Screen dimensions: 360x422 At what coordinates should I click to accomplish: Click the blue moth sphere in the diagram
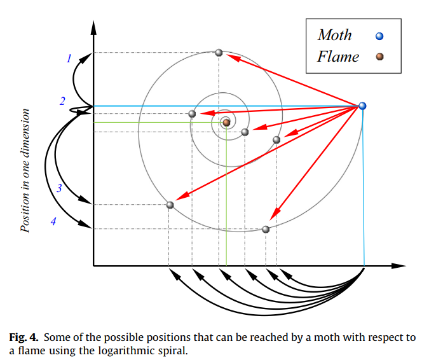pyautogui.click(x=362, y=106)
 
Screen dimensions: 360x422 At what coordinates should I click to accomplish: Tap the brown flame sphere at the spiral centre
pyautogui.click(x=226, y=121)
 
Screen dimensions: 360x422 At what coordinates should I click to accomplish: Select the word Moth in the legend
pyautogui.click(x=334, y=35)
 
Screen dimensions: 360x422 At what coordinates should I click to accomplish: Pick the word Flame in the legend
pyautogui.click(x=338, y=57)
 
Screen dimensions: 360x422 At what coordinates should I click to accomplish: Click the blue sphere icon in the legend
pyautogui.click(x=379, y=36)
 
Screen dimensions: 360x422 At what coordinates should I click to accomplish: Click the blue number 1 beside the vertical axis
pyautogui.click(x=69, y=59)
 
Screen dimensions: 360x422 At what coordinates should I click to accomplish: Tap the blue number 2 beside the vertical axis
pyautogui.click(x=62, y=101)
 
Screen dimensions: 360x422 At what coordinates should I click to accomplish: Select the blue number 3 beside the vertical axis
pyautogui.click(x=59, y=188)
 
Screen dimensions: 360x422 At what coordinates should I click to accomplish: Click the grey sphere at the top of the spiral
pyautogui.click(x=219, y=52)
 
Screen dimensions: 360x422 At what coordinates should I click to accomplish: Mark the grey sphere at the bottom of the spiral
pyautogui.click(x=266, y=229)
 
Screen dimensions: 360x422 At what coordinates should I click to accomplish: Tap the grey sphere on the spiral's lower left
pyautogui.click(x=170, y=205)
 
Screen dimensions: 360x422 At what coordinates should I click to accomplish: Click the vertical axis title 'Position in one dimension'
pyautogui.click(x=26, y=170)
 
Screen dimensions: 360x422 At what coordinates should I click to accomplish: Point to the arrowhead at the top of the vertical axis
pyautogui.click(x=93, y=27)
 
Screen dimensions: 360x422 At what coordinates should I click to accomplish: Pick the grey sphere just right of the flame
pyautogui.click(x=245, y=132)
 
